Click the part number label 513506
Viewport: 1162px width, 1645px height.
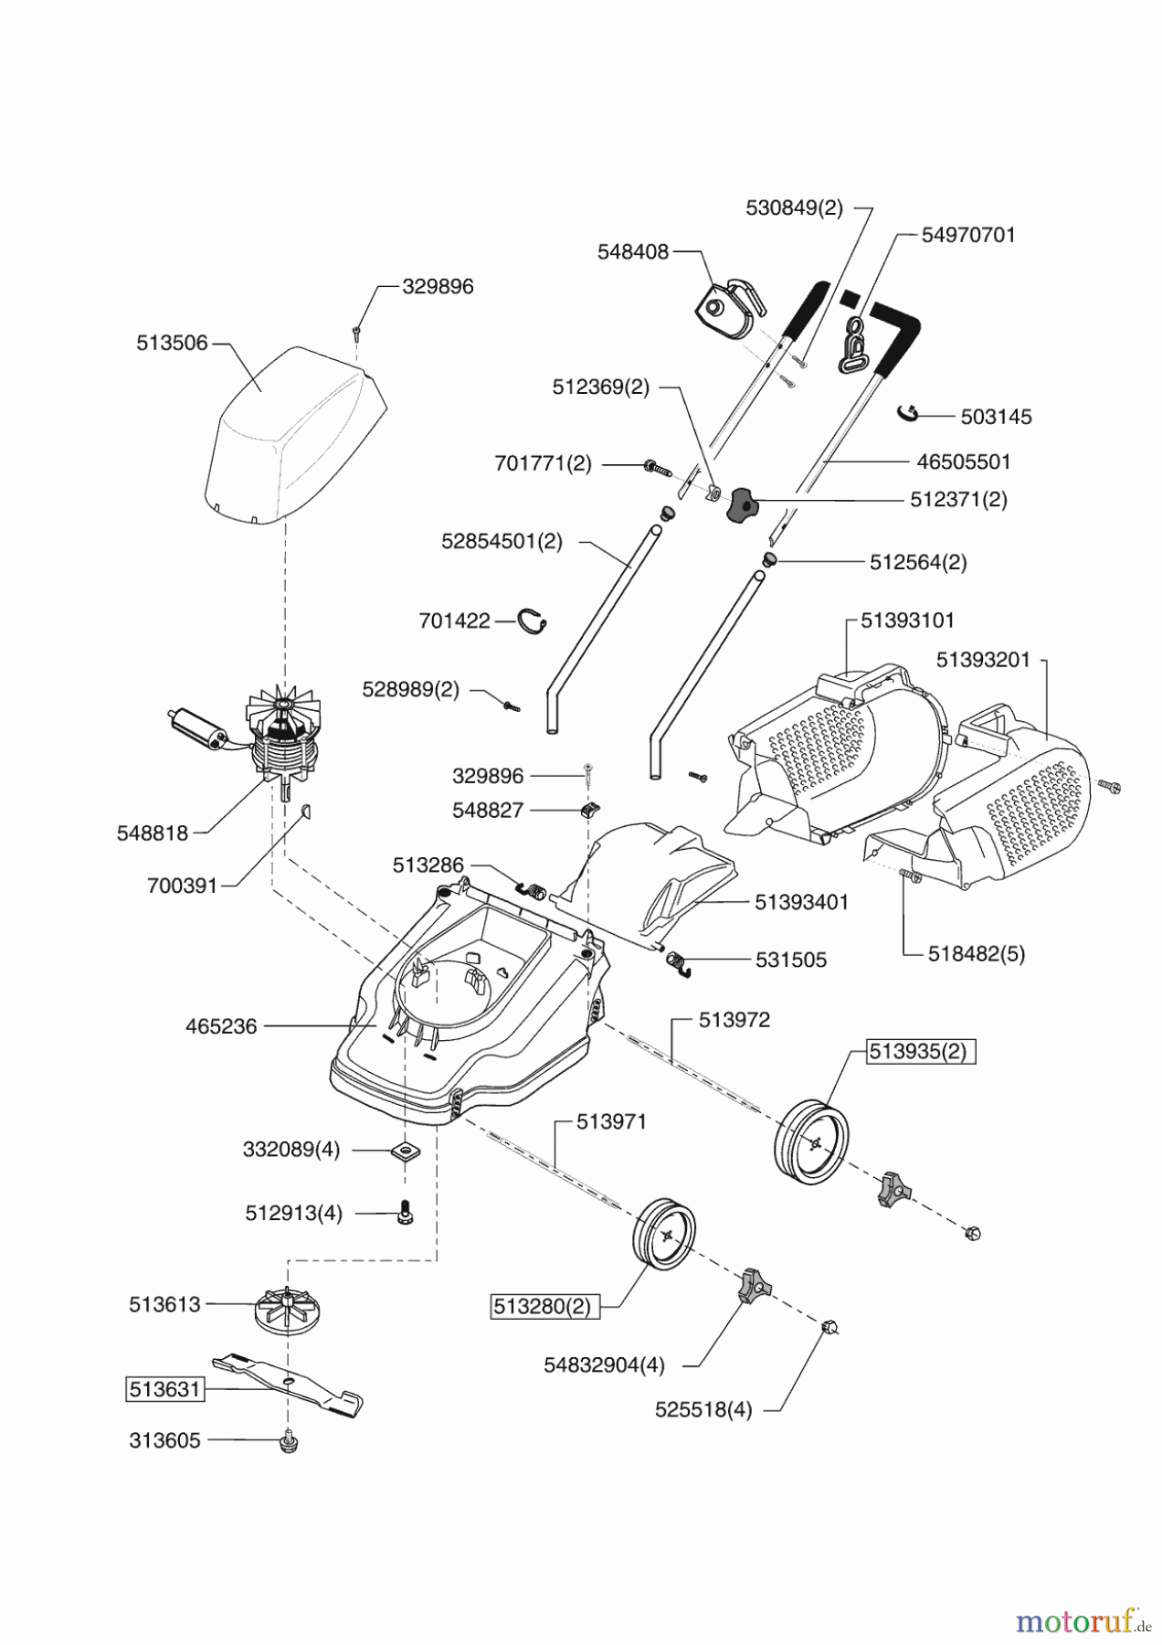172,343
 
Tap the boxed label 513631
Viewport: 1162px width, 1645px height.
164,1390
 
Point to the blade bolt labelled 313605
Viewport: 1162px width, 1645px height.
289,1441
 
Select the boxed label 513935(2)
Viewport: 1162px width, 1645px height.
916,1051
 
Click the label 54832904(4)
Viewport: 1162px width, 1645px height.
604,1364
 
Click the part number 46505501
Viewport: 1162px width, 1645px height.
964,462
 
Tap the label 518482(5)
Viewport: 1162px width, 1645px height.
976,953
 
